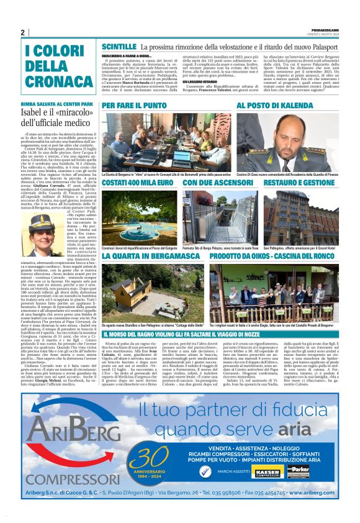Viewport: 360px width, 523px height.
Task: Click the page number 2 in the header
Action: pyautogui.click(x=22, y=32)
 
